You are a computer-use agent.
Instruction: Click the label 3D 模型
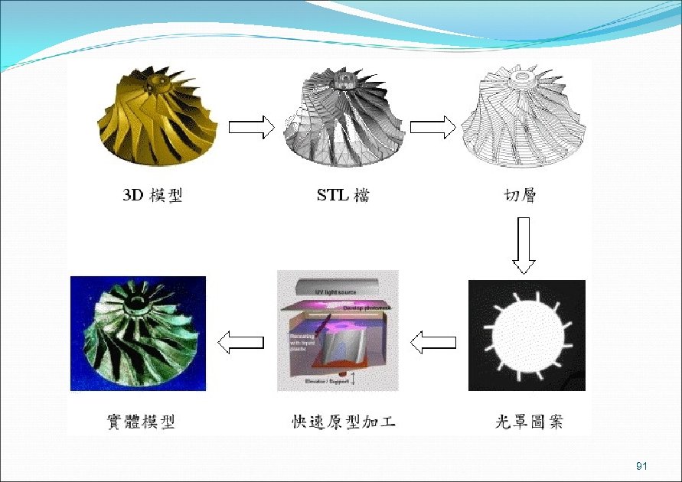[x=153, y=195]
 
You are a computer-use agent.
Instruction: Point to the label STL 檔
[x=343, y=195]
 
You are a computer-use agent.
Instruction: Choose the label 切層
[x=514, y=195]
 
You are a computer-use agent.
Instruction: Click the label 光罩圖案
[x=527, y=421]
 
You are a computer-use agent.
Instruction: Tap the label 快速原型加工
[x=343, y=421]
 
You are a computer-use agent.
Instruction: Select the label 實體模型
[x=140, y=421]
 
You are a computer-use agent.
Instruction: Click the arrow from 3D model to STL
[x=251, y=127]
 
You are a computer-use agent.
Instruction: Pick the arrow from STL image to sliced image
[x=432, y=127]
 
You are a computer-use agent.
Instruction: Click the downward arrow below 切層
[x=524, y=245]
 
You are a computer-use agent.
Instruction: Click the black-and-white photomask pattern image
[x=527, y=336]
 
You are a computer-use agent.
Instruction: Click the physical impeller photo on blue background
[x=138, y=333]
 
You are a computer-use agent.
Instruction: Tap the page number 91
[x=641, y=466]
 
